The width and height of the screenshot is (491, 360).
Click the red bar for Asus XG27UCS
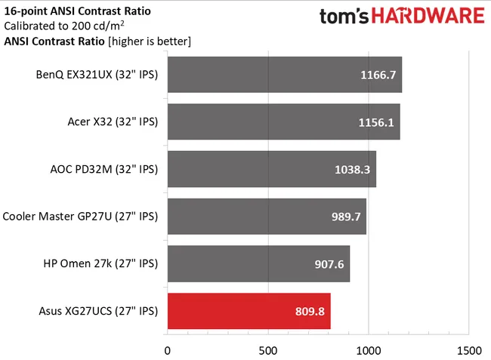[249, 310]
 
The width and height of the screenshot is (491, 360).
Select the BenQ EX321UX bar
[284, 75]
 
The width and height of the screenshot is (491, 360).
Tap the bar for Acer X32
[283, 122]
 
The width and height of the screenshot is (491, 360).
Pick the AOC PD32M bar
[271, 169]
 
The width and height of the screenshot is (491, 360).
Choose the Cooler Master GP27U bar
[267, 217]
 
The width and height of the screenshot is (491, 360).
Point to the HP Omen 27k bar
[258, 263]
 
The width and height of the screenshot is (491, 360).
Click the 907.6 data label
[329, 263]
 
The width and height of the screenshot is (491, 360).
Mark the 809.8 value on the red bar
[309, 310]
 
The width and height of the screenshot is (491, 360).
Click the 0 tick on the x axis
[168, 349]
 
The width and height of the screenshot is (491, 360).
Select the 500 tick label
[267, 349]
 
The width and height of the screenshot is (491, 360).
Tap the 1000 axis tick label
[368, 349]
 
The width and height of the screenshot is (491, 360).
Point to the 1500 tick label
[468, 349]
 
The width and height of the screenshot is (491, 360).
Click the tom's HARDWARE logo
[401, 17]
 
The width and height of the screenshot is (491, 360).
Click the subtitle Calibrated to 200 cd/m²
[60, 26]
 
